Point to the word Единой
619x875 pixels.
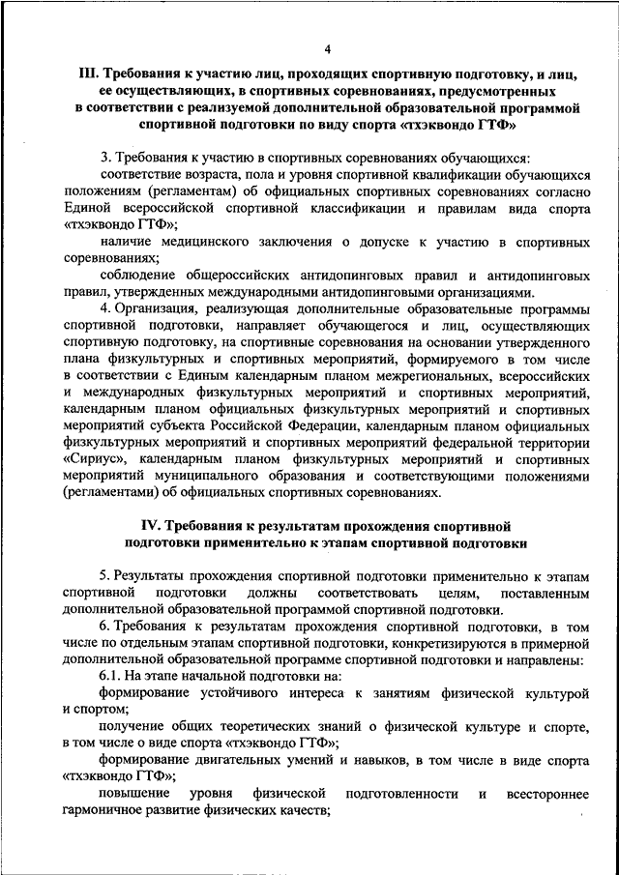[x=84, y=207]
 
